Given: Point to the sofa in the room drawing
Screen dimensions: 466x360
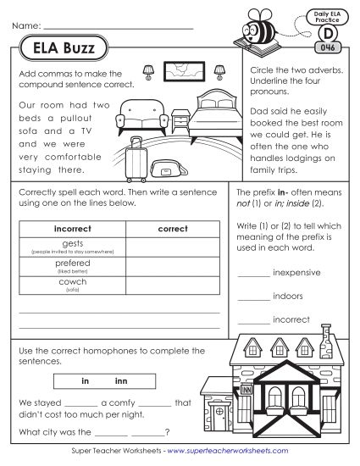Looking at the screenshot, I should [x=142, y=116].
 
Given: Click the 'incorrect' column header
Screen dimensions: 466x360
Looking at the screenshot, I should [x=71, y=229].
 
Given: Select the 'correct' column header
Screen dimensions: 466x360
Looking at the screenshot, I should [x=173, y=229].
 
